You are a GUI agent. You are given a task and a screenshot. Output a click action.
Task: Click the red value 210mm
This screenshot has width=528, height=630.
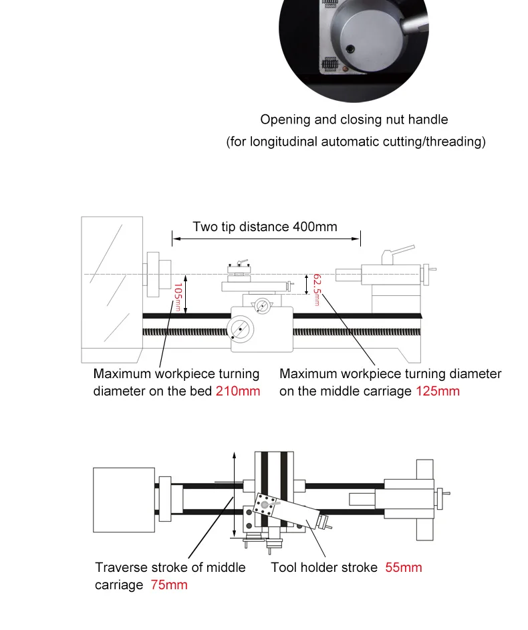click(237, 391)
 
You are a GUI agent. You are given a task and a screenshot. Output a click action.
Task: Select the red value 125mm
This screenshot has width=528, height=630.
click(438, 391)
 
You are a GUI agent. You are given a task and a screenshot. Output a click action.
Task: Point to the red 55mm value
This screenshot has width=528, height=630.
click(404, 568)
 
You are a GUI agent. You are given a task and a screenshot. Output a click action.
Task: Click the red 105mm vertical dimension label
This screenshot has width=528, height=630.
click(177, 297)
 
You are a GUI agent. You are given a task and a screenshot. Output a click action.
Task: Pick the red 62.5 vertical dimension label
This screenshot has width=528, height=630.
click(317, 287)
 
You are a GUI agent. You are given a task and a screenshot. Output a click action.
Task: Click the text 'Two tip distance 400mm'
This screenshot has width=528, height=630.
click(265, 226)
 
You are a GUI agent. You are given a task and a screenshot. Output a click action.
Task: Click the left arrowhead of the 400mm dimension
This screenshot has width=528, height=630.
click(174, 237)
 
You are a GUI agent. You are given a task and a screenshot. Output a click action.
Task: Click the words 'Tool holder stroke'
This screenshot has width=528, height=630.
click(323, 568)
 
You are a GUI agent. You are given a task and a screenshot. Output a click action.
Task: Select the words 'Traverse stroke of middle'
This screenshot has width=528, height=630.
click(170, 568)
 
